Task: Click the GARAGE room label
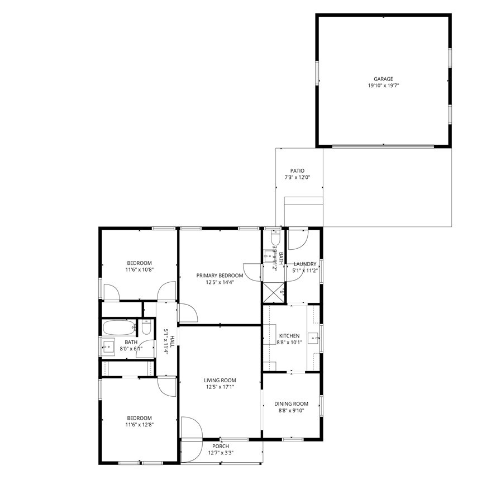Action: [383, 79]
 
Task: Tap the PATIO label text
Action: [297, 170]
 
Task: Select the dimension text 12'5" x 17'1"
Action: [220, 387]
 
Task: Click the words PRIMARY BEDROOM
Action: [220, 276]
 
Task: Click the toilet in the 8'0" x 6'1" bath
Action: [146, 327]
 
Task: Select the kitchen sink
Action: [314, 338]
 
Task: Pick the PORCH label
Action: [221, 446]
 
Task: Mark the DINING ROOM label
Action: [291, 403]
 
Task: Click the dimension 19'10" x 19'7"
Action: [383, 86]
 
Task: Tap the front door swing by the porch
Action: [192, 428]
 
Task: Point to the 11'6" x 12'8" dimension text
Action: [139, 425]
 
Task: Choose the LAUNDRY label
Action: [305, 264]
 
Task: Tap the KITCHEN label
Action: [289, 336]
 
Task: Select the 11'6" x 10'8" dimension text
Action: [139, 269]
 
